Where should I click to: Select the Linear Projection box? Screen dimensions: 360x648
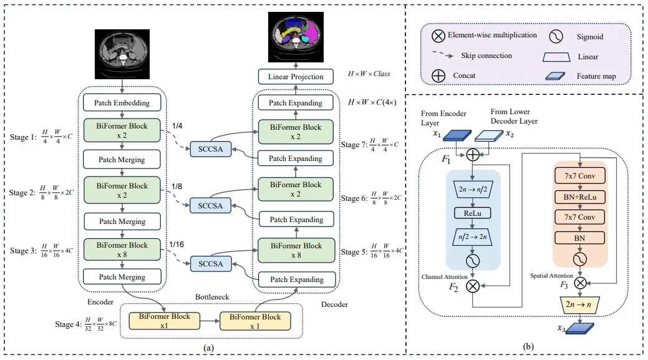coord(296,77)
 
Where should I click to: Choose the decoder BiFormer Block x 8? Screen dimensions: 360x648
coord(296,249)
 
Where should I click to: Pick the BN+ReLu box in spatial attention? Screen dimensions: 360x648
coord(579,197)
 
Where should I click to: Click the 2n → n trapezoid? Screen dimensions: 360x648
coord(579,305)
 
